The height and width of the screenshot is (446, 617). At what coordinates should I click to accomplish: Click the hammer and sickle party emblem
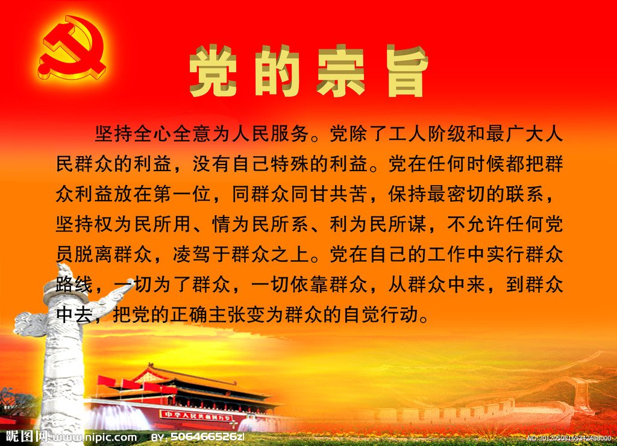[72, 47]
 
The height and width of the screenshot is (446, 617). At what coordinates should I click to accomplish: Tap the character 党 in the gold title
[213, 71]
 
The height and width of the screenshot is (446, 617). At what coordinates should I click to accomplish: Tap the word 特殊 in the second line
[289, 164]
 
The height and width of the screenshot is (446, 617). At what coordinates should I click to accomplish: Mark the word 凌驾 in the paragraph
[192, 254]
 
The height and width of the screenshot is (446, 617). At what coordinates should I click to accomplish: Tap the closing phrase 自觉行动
[381, 315]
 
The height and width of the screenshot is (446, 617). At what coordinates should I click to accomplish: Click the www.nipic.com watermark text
[95, 437]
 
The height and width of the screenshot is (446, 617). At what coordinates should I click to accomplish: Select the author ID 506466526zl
[207, 437]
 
